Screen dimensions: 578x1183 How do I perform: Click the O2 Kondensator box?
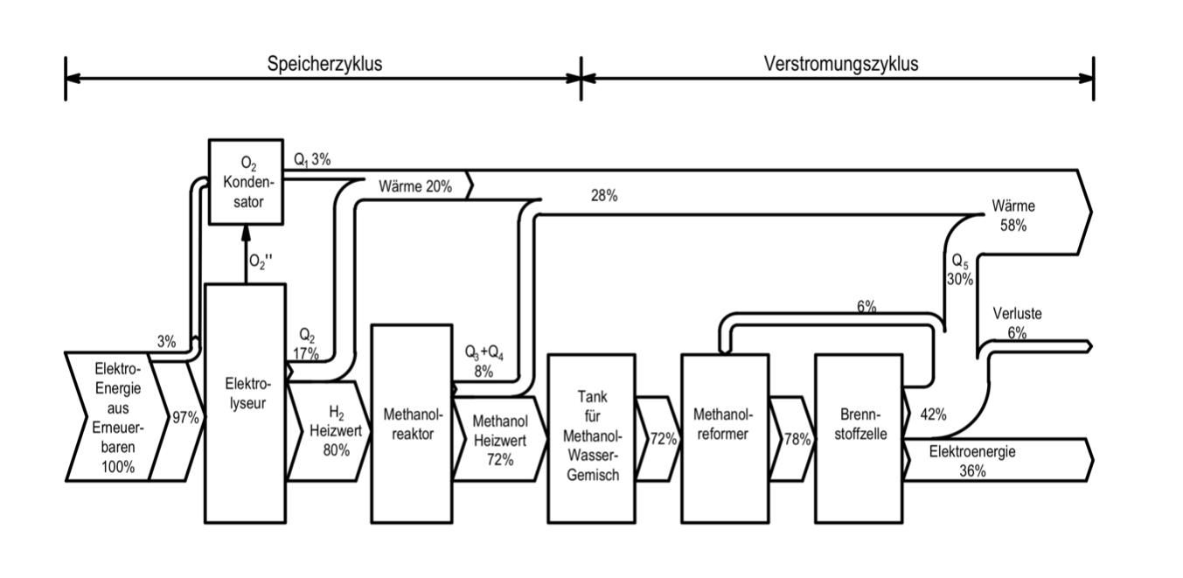246,181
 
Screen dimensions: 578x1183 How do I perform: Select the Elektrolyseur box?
245,403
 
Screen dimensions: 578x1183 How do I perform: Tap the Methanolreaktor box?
409,423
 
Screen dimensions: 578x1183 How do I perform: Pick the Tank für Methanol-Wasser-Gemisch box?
590,436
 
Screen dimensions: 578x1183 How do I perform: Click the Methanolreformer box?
725,436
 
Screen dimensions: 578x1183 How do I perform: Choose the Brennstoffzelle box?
858,436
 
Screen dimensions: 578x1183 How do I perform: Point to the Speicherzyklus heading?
324,64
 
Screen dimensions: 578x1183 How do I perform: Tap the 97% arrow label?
185,418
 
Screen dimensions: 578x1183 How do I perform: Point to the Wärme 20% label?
415,186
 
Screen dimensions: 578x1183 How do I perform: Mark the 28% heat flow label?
603,196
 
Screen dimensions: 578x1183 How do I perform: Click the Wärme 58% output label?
1013,216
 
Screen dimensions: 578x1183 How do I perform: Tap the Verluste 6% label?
1017,323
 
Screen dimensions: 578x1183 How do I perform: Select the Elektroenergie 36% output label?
972,462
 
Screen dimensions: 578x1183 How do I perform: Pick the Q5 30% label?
959,270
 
